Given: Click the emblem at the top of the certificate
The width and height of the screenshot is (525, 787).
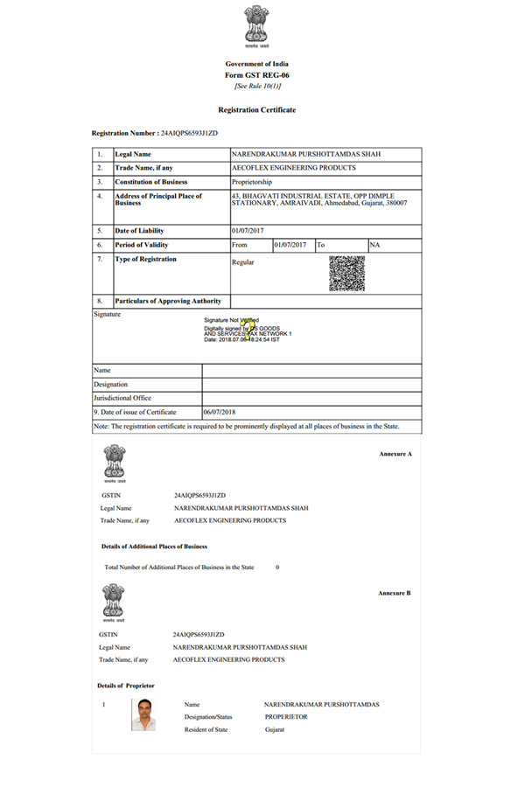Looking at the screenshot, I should point(256,25).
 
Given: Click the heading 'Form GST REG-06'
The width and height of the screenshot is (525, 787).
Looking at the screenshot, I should point(256,75).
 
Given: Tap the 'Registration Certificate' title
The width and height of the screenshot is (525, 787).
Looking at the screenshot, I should point(256,109).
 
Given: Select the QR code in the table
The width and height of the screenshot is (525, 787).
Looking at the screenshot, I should point(346,274).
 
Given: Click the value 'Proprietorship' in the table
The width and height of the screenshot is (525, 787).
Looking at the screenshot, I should point(253,182).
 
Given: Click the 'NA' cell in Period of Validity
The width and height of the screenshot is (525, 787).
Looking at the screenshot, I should point(375,245).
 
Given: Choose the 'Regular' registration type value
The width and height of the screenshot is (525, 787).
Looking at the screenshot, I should point(242,262).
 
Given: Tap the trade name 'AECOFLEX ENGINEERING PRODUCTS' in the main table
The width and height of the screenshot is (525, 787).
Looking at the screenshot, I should point(293,168).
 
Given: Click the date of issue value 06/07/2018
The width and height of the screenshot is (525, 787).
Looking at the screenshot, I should point(220,412).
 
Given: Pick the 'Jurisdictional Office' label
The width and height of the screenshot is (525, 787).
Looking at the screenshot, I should point(122,398).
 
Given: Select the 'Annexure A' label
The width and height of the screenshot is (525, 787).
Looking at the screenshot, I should point(395,456).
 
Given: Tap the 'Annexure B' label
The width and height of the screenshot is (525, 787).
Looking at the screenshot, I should point(395,593).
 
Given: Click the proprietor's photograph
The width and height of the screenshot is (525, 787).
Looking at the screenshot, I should point(144,714).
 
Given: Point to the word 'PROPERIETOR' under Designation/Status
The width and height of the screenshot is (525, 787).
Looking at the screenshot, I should point(286,716).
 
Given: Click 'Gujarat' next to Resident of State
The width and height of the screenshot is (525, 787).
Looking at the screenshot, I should point(276,729).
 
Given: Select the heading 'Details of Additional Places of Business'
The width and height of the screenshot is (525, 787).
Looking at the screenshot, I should point(154,547).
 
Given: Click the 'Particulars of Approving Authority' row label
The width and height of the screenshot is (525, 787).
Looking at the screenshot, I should point(168,301).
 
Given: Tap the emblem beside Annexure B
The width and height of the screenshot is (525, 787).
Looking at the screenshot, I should point(114,602).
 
